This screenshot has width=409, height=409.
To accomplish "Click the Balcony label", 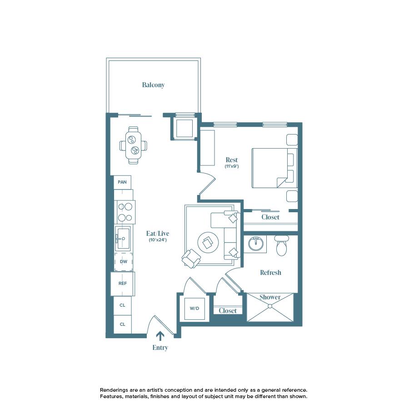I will (x=153, y=85).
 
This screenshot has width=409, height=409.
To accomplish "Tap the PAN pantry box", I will (x=122, y=182).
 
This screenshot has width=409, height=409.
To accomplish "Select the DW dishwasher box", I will (x=123, y=262).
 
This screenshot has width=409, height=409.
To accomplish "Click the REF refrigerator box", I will (x=122, y=284).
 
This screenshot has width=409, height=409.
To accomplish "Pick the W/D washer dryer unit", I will (x=195, y=309).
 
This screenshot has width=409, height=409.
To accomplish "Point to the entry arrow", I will (x=160, y=336).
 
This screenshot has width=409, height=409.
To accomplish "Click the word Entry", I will (x=160, y=348).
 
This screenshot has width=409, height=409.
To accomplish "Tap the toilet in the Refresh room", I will (x=282, y=246).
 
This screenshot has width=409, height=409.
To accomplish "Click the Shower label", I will (x=270, y=297).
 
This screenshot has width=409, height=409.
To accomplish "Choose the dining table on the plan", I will (x=133, y=145).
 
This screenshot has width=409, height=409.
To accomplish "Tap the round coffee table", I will (x=207, y=243).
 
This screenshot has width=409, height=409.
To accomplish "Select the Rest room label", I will (x=232, y=160).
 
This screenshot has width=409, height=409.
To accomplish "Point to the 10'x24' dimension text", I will (x=158, y=240).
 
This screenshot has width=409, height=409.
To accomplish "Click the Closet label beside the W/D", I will (x=228, y=311).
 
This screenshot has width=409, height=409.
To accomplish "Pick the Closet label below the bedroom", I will (x=270, y=217).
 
